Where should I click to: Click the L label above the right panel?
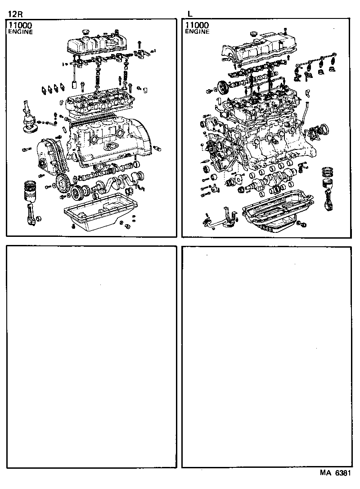click(190, 14)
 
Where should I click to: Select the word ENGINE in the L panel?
click(197, 32)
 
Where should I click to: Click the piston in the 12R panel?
click(30, 191)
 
